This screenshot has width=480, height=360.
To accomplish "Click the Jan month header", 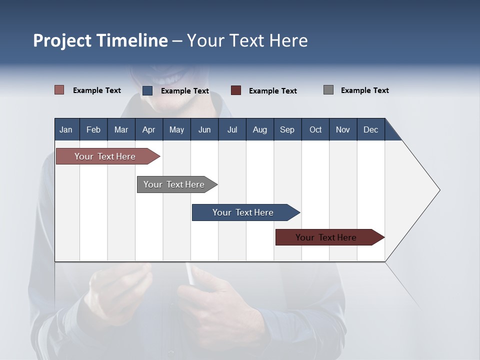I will pos(66,129).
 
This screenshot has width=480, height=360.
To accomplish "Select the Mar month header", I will pos(121,129).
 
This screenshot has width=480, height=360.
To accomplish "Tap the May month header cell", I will pos(176,129).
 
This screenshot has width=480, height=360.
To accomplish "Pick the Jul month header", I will pos(232,129).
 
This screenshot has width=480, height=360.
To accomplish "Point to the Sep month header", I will pos(287,129).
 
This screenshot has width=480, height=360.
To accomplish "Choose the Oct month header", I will pos(315,129).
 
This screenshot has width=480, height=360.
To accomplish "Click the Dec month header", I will pos(370,129).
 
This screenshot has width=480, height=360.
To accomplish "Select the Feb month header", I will pos(93,129).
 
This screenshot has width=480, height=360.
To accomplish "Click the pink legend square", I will pos(59,90).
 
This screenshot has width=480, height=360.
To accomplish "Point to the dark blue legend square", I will pos(147,90).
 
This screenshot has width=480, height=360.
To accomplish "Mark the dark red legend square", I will pos(236,90).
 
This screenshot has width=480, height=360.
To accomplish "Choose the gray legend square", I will pos(328,90).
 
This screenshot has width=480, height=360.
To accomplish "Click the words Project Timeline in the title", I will pos(100,40).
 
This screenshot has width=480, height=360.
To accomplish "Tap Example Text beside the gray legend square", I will pos(364,90).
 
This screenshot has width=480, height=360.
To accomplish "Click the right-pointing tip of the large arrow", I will pos(438,190).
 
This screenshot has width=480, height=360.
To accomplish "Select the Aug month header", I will pos(259,129).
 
